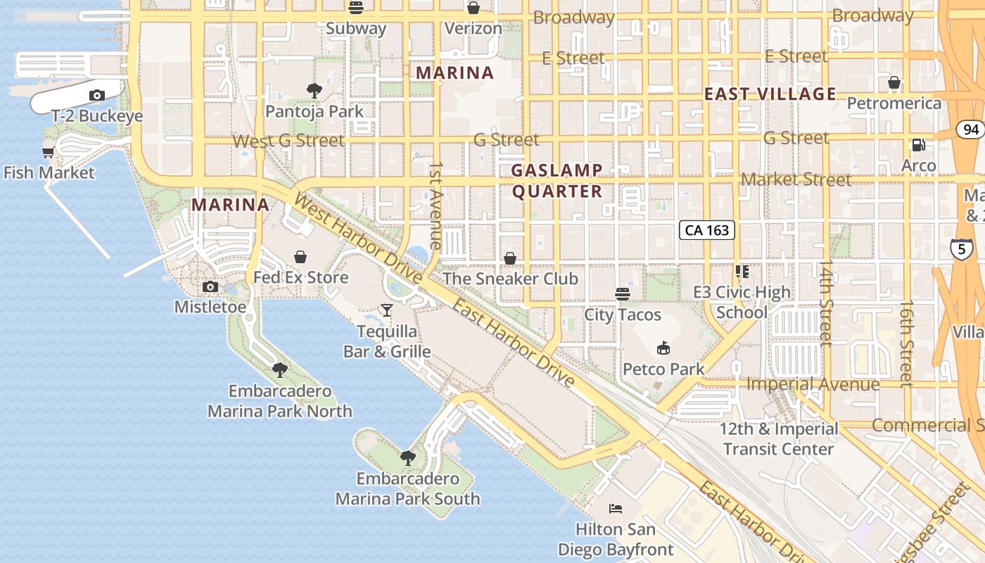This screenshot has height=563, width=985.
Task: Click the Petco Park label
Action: (663, 369)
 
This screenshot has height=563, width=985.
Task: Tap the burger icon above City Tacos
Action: (622, 293)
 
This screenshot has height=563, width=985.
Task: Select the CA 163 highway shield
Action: (707, 230)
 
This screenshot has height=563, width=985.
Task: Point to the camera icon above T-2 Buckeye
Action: (97, 96)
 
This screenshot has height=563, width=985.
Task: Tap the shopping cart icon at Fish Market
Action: (49, 152)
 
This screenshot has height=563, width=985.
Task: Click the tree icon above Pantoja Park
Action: (314, 90)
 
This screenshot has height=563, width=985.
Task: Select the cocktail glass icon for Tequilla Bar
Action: (386, 310)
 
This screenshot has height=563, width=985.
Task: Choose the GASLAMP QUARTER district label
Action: (557, 181)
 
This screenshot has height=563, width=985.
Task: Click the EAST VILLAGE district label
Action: (770, 94)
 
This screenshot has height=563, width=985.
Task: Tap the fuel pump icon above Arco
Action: (918, 145)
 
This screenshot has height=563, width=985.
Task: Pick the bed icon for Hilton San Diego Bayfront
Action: (616, 508)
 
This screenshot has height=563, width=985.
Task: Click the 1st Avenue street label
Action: (436, 206)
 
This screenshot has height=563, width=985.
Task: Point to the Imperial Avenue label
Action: (813, 384)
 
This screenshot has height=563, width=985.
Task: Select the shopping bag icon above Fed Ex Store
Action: (300, 257)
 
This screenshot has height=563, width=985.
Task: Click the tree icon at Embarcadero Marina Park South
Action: (407, 458)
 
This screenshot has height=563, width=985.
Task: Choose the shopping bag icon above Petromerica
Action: (894, 83)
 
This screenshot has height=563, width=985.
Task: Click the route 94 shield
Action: (971, 129)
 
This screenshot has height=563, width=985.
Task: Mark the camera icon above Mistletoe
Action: (210, 286)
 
